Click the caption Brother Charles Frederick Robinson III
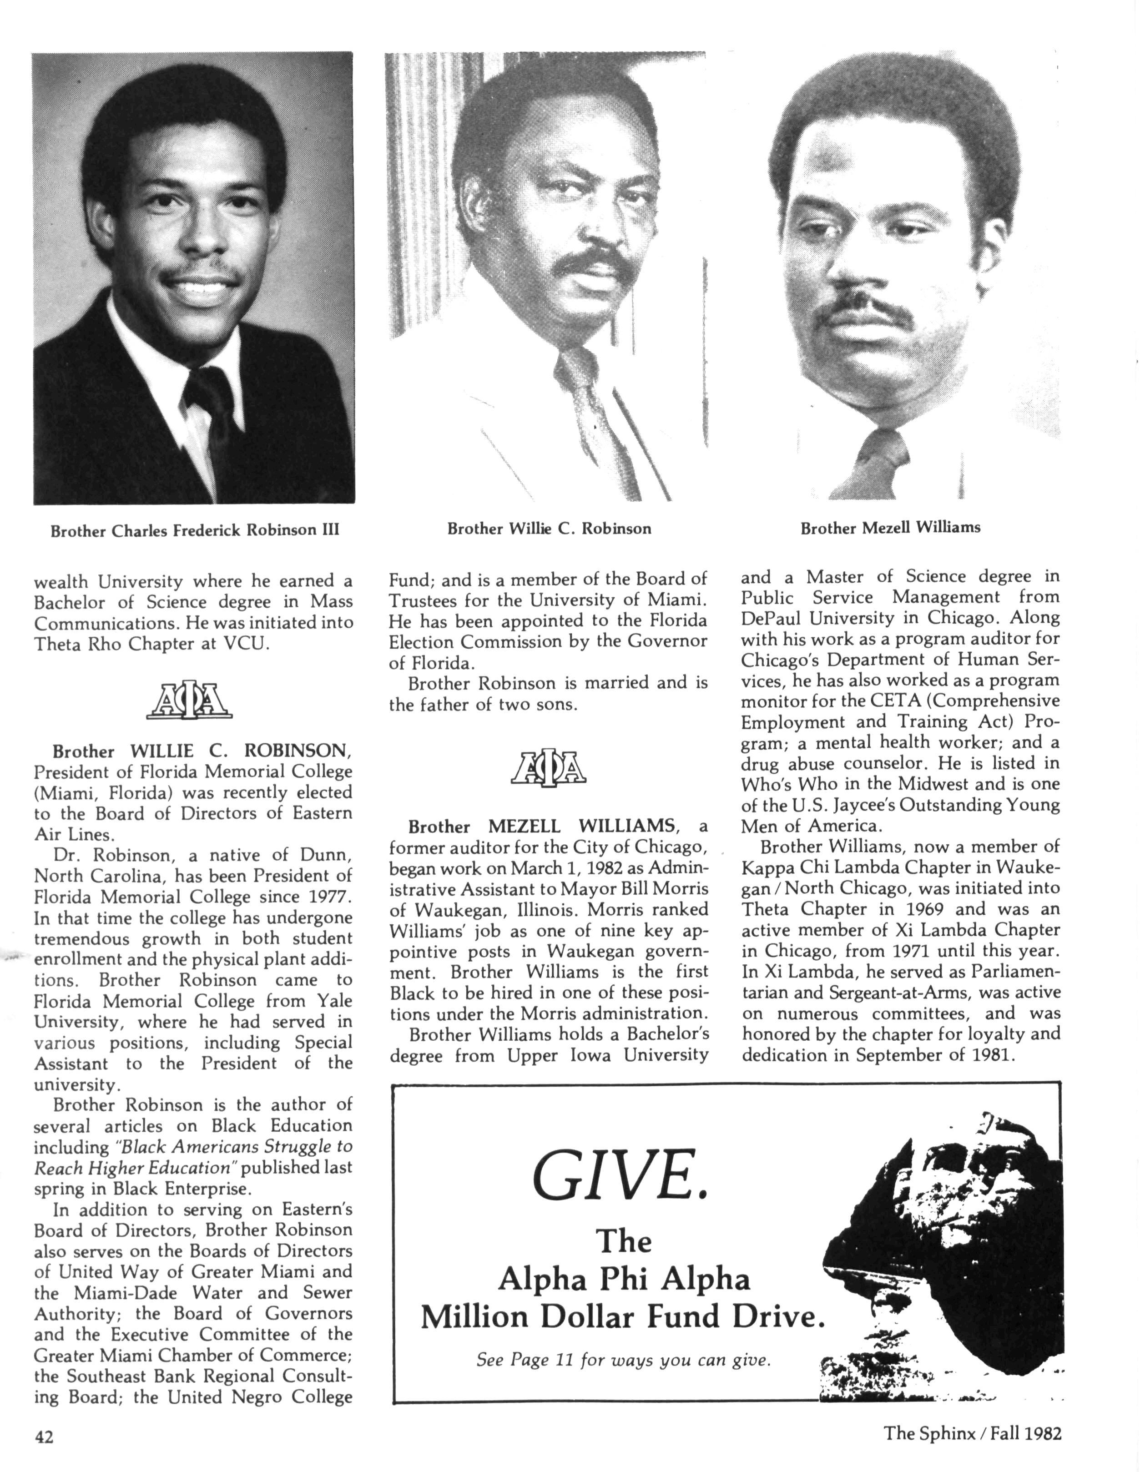click(x=195, y=530)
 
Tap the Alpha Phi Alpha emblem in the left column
click(x=189, y=702)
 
